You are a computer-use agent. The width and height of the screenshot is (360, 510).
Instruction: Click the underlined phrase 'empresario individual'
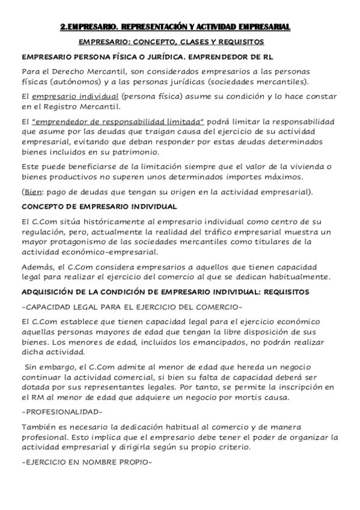click(73, 97)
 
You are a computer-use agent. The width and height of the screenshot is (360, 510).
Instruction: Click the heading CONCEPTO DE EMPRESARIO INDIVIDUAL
click(99, 206)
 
